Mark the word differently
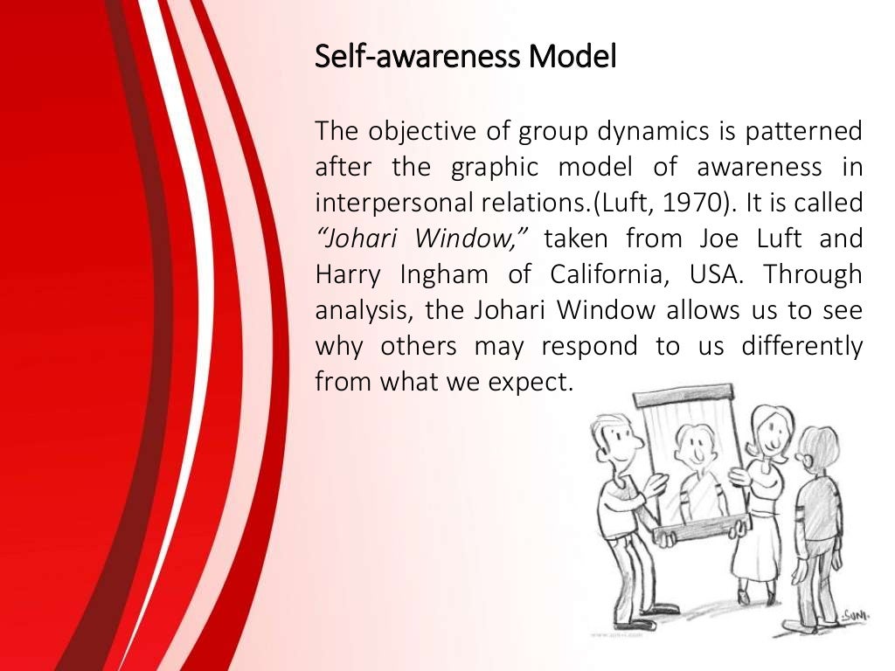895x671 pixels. (x=802, y=347)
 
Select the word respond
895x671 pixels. (x=589, y=347)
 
